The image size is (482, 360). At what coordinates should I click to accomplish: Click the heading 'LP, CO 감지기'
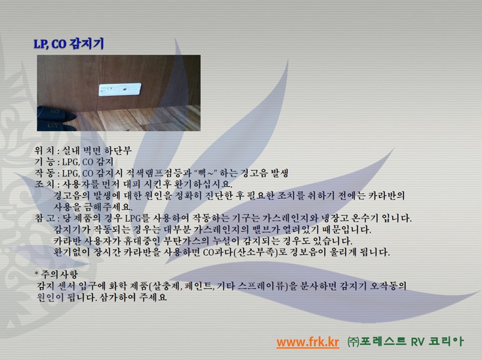click(x=69, y=44)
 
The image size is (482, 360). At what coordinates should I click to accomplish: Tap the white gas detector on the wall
click(x=120, y=90)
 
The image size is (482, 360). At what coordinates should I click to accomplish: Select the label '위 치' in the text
click(x=45, y=150)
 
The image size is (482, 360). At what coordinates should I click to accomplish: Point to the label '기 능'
click(x=45, y=162)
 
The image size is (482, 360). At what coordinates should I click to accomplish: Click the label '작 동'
click(x=45, y=172)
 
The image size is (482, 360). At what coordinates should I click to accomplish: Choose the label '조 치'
click(x=45, y=184)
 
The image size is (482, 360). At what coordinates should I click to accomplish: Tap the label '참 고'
click(x=45, y=218)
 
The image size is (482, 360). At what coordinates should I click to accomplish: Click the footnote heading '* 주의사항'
click(x=56, y=274)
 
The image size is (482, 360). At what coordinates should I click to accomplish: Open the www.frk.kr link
click(x=308, y=342)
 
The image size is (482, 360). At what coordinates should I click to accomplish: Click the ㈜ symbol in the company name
click(x=353, y=342)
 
